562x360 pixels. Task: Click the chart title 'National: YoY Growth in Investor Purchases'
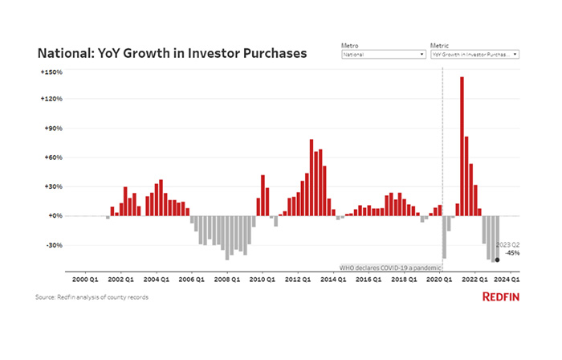(x=172, y=54)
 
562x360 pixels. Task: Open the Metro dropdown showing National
(x=383, y=55)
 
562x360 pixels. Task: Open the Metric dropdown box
(x=474, y=55)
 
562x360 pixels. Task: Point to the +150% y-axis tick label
(x=51, y=72)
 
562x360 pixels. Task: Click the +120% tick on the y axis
(x=51, y=99)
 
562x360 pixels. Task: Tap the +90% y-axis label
(x=53, y=129)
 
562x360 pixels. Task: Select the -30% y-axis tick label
(x=53, y=245)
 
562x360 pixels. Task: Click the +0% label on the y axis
(x=55, y=215)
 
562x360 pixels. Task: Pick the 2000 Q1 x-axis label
(x=86, y=279)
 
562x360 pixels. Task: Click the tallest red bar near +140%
(x=462, y=145)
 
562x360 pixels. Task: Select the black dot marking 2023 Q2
(x=498, y=259)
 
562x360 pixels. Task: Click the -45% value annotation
(x=511, y=252)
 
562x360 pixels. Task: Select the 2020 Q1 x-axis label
(x=438, y=279)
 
